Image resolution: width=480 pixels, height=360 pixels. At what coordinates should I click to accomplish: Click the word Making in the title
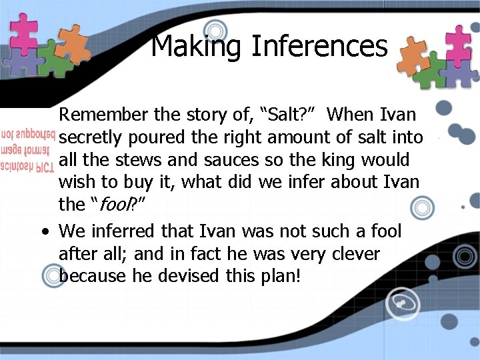[197, 46]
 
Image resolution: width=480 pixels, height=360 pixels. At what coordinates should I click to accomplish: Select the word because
[91, 275]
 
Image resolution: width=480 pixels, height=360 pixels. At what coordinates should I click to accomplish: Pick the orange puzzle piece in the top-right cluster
[413, 57]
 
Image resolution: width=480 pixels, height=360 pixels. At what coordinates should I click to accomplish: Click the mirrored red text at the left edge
[27, 147]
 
